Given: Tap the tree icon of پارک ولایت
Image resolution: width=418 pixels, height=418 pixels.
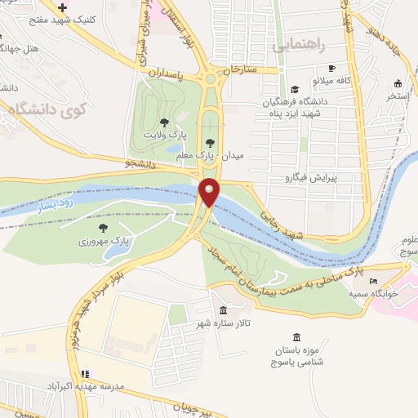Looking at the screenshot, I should click(166, 122).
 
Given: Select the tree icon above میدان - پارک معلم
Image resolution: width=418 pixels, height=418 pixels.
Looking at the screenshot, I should click(210, 144).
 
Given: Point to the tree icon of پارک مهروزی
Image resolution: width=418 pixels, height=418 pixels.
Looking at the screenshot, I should click(104, 229).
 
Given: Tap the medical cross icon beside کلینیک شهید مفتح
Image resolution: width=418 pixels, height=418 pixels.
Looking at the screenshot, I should click(63, 7).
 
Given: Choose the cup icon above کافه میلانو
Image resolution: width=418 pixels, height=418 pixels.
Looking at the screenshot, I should click(331, 69).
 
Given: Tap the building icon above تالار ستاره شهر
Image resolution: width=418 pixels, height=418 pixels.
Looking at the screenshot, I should click(224, 311).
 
